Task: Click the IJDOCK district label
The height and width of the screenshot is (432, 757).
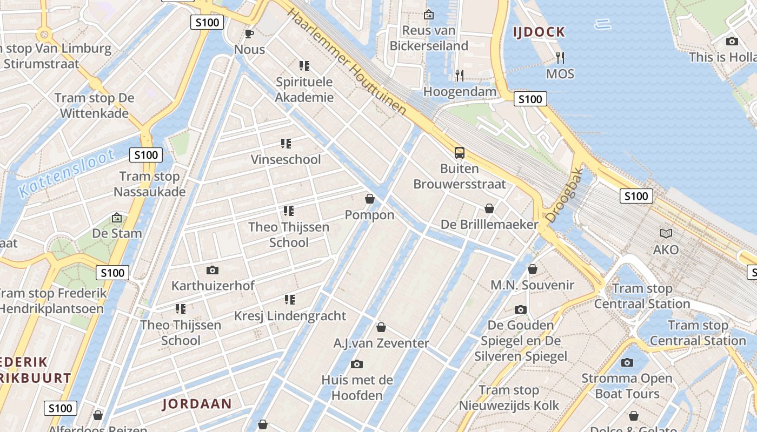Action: pos(539,32)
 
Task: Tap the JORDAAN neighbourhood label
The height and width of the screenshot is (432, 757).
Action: pos(197,403)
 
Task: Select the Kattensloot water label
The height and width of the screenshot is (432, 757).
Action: pos(66,173)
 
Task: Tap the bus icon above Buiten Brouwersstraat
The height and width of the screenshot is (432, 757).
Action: pos(459,153)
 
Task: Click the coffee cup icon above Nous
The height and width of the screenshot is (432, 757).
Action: pos(249,33)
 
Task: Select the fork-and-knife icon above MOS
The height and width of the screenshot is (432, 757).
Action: pos(560,57)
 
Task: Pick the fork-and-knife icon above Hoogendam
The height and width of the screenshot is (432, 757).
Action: pos(459,75)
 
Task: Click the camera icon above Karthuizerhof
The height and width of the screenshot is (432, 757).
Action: pos(213,269)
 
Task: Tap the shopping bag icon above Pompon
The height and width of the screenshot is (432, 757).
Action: pos(370,199)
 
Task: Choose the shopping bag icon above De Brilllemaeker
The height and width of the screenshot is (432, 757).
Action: pos(489,208)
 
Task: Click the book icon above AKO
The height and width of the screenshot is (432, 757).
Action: pos(666,233)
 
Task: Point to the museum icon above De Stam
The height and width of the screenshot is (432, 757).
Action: pos(116,218)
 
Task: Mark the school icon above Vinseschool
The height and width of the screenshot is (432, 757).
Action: pos(285,144)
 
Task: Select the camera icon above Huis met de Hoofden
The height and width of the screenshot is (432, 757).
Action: pos(356,364)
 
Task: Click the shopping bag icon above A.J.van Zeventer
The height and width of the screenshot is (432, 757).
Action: pos(381,327)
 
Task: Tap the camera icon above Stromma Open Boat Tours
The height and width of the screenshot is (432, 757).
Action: pos(627,362)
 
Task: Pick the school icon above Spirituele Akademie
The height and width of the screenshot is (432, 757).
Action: pos(304,66)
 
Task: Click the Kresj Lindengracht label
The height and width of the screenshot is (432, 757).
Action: pos(290,315)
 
